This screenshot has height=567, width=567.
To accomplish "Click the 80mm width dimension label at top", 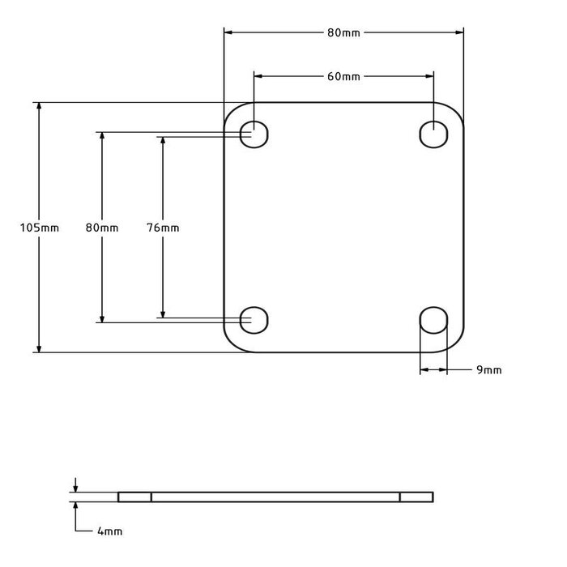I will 343,32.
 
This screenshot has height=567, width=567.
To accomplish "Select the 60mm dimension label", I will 343,76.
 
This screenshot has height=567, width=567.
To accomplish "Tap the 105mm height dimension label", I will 39,228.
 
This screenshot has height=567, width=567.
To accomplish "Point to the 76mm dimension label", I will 163,228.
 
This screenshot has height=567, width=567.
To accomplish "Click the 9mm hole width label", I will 488,370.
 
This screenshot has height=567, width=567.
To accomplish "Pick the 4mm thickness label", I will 109,531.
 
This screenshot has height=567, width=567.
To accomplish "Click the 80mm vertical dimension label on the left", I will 101,228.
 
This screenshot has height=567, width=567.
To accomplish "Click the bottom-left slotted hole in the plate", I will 254,320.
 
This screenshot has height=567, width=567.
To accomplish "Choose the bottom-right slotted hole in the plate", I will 433,320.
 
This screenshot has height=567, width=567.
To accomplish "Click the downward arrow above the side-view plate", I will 75,487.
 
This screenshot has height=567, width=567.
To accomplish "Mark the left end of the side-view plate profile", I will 119,497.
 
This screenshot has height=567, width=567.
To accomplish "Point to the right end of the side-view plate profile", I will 433,497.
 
